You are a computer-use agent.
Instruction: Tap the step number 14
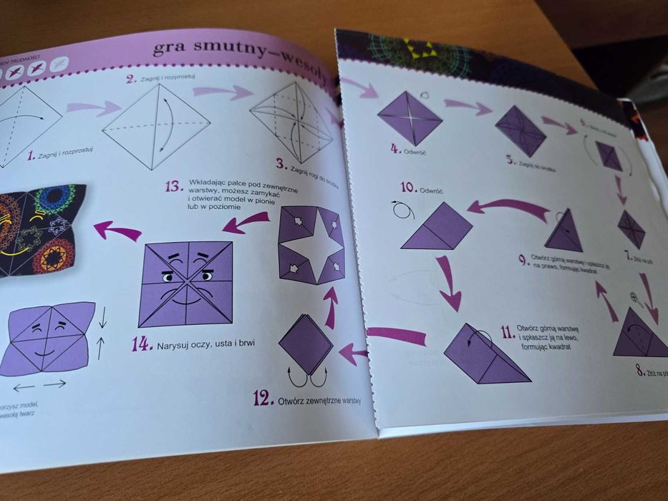point(142,344)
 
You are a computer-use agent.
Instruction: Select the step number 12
point(263,397)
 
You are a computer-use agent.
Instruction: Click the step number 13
point(175,186)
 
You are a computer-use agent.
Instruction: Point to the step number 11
point(508,331)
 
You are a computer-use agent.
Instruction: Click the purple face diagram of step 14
point(187,283)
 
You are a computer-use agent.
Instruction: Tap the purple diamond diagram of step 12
point(306,344)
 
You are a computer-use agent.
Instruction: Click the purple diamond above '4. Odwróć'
point(410,117)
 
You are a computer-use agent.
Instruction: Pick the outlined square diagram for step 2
point(157,126)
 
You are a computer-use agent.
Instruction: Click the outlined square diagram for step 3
point(291,121)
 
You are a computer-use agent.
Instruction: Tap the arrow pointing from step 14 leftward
point(117,231)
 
